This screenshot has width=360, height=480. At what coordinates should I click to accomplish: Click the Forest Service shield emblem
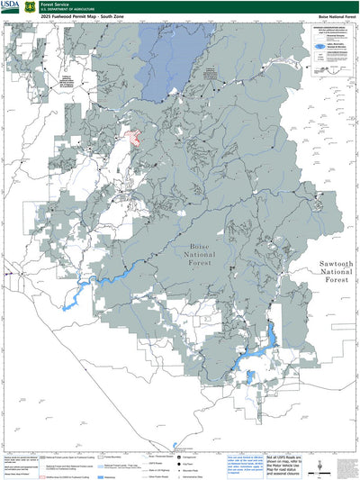(31, 6)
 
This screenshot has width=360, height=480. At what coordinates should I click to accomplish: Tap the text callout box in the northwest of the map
(66, 81)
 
